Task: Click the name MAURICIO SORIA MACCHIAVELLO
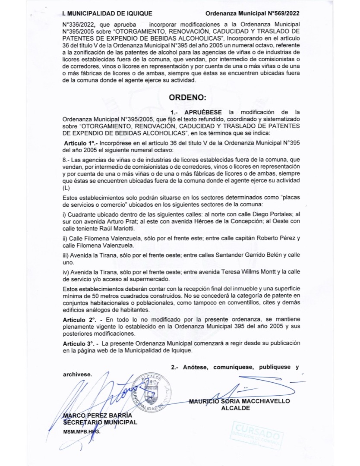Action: [x=240, y=401]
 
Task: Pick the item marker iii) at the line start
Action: [x=66, y=256]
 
